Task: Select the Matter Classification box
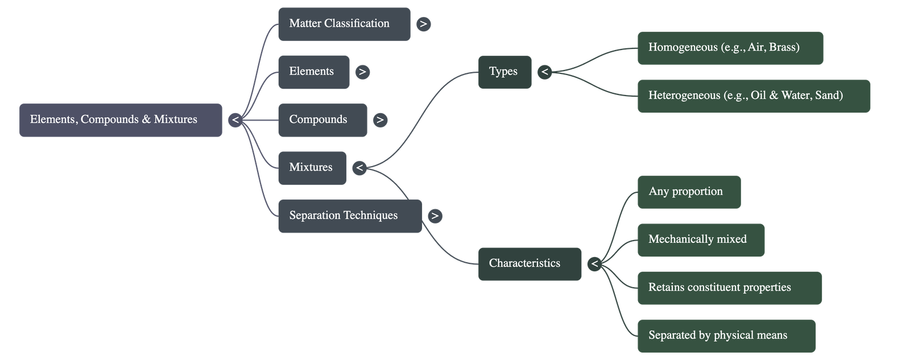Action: click(344, 24)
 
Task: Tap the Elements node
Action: click(313, 72)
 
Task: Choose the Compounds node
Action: click(322, 120)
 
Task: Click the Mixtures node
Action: click(312, 168)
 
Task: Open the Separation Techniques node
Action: click(349, 216)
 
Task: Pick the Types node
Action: click(504, 72)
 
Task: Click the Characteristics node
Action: click(530, 264)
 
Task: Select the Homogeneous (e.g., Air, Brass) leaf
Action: click(730, 48)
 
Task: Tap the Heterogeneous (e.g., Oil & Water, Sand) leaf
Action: click(754, 96)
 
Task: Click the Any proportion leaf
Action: click(689, 192)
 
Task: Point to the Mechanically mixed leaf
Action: click(701, 240)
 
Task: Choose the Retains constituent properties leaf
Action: click(729, 288)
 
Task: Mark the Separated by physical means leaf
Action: click(726, 336)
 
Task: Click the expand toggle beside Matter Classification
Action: click(423, 24)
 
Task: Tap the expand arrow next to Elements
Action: click(362, 72)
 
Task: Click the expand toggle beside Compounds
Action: click(380, 120)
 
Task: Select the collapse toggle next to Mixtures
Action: click(359, 168)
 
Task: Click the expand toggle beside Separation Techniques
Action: click(435, 216)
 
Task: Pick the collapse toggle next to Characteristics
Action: click(594, 264)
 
